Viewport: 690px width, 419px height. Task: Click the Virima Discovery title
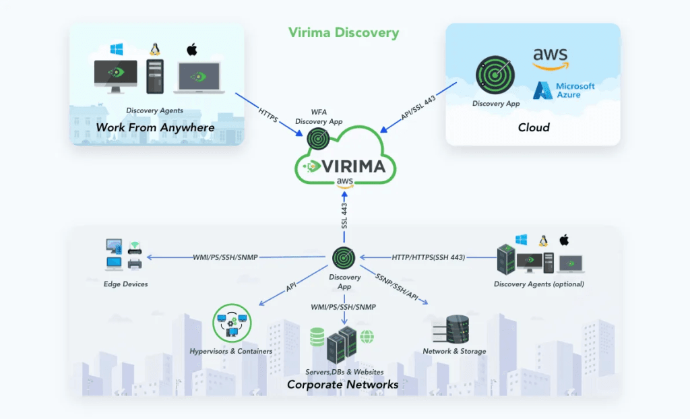(x=344, y=32)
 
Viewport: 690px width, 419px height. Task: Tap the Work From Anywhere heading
(x=155, y=127)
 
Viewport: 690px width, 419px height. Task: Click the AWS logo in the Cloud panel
(x=551, y=57)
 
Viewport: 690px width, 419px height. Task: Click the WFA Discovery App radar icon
(x=318, y=138)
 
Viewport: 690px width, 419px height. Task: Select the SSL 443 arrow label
(x=344, y=215)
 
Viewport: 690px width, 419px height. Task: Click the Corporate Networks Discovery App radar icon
(x=344, y=257)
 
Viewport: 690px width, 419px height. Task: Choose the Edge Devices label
(x=126, y=284)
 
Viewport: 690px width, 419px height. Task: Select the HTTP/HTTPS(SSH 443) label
(x=428, y=257)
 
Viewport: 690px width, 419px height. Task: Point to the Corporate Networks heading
(x=342, y=385)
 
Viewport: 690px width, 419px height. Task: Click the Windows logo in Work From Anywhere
(x=117, y=50)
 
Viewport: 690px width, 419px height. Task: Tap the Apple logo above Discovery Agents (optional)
(x=565, y=240)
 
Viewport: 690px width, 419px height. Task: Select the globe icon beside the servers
(x=367, y=336)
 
